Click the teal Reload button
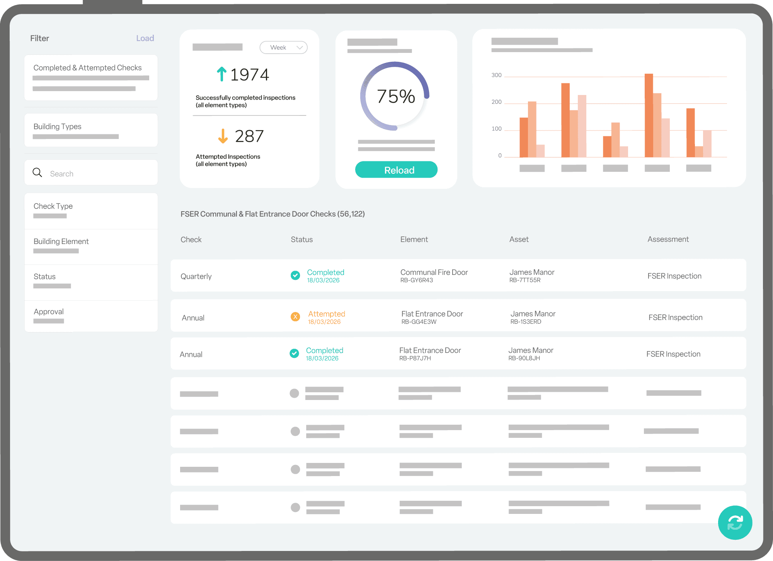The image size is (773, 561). [x=396, y=170]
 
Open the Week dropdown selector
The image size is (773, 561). [x=283, y=47]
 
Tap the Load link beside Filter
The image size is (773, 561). [x=145, y=38]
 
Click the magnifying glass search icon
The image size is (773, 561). [x=37, y=173]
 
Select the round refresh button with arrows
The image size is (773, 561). [x=735, y=522]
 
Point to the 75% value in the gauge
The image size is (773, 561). [x=396, y=97]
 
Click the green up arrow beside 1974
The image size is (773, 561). [x=221, y=74]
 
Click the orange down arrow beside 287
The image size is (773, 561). [x=223, y=136]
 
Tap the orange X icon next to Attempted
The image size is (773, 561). [x=295, y=317]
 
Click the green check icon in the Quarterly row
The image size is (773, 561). [x=295, y=275]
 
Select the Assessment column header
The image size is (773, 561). [x=668, y=239]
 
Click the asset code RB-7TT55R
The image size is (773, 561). [x=524, y=280]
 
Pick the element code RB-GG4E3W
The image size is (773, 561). [x=419, y=322]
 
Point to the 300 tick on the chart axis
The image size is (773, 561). [x=496, y=75]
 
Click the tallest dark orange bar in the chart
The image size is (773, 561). [x=649, y=116]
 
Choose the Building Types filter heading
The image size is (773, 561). [x=58, y=127]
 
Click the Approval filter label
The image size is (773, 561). [x=49, y=312]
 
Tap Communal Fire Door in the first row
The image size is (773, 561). [x=434, y=272]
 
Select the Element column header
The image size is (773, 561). [x=414, y=239]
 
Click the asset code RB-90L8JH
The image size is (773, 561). [x=524, y=358]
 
